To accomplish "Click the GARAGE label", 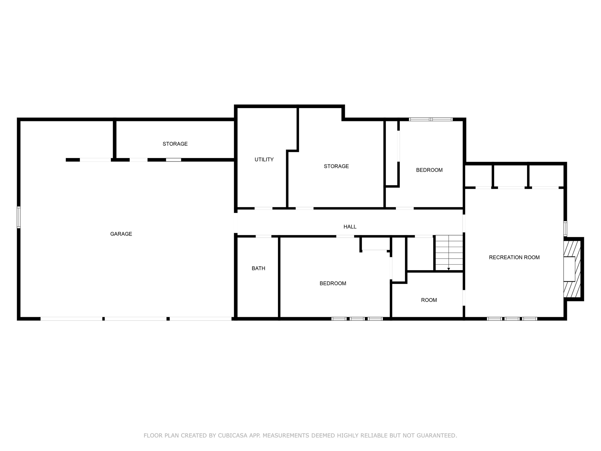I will (121, 234).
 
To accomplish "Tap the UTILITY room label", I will (264, 159).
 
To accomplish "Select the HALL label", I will (350, 227).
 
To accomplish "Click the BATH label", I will (258, 268).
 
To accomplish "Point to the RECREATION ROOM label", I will (514, 258).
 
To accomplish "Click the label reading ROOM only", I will (429, 300).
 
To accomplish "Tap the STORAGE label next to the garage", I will (175, 144).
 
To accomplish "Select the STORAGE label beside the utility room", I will (336, 166).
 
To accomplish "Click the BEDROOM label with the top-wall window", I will (429, 170).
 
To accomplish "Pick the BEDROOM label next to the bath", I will (333, 283).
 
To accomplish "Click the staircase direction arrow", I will (448, 269).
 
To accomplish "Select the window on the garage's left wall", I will (19, 217).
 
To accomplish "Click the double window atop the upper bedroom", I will (431, 120).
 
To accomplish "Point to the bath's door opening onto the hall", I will (263, 236).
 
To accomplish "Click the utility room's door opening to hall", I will (263, 208).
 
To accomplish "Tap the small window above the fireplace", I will (565, 228).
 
